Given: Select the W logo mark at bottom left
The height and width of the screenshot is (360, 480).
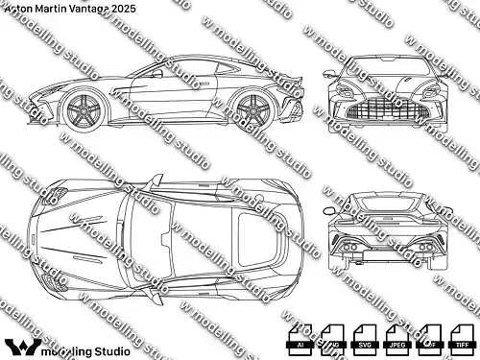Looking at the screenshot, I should point(20,344).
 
